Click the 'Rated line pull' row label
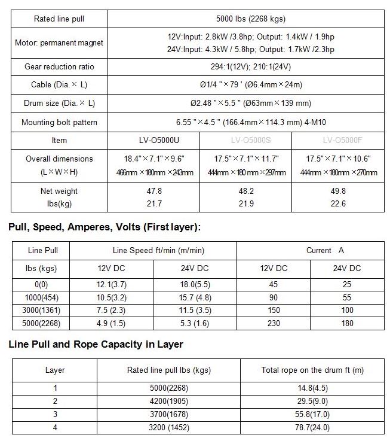tap(59, 19)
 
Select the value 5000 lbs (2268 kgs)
tap(245, 19)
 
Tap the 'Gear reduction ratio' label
tap(59, 67)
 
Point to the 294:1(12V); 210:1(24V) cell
tap(245, 67)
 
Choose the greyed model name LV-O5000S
tap(245, 141)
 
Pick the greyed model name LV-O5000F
tap(338, 141)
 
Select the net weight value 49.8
tap(338, 191)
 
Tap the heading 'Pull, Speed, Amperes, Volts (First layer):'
tap(103, 227)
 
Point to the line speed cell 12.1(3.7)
tap(112, 284)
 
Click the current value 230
tap(274, 324)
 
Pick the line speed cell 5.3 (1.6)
tap(194, 324)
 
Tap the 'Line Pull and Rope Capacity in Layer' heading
tap(96, 345)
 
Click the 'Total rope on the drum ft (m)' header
tap(312, 370)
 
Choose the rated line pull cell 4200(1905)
tap(169, 402)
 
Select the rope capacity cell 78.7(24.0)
tap(312, 428)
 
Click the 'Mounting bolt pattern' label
tap(59, 123)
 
